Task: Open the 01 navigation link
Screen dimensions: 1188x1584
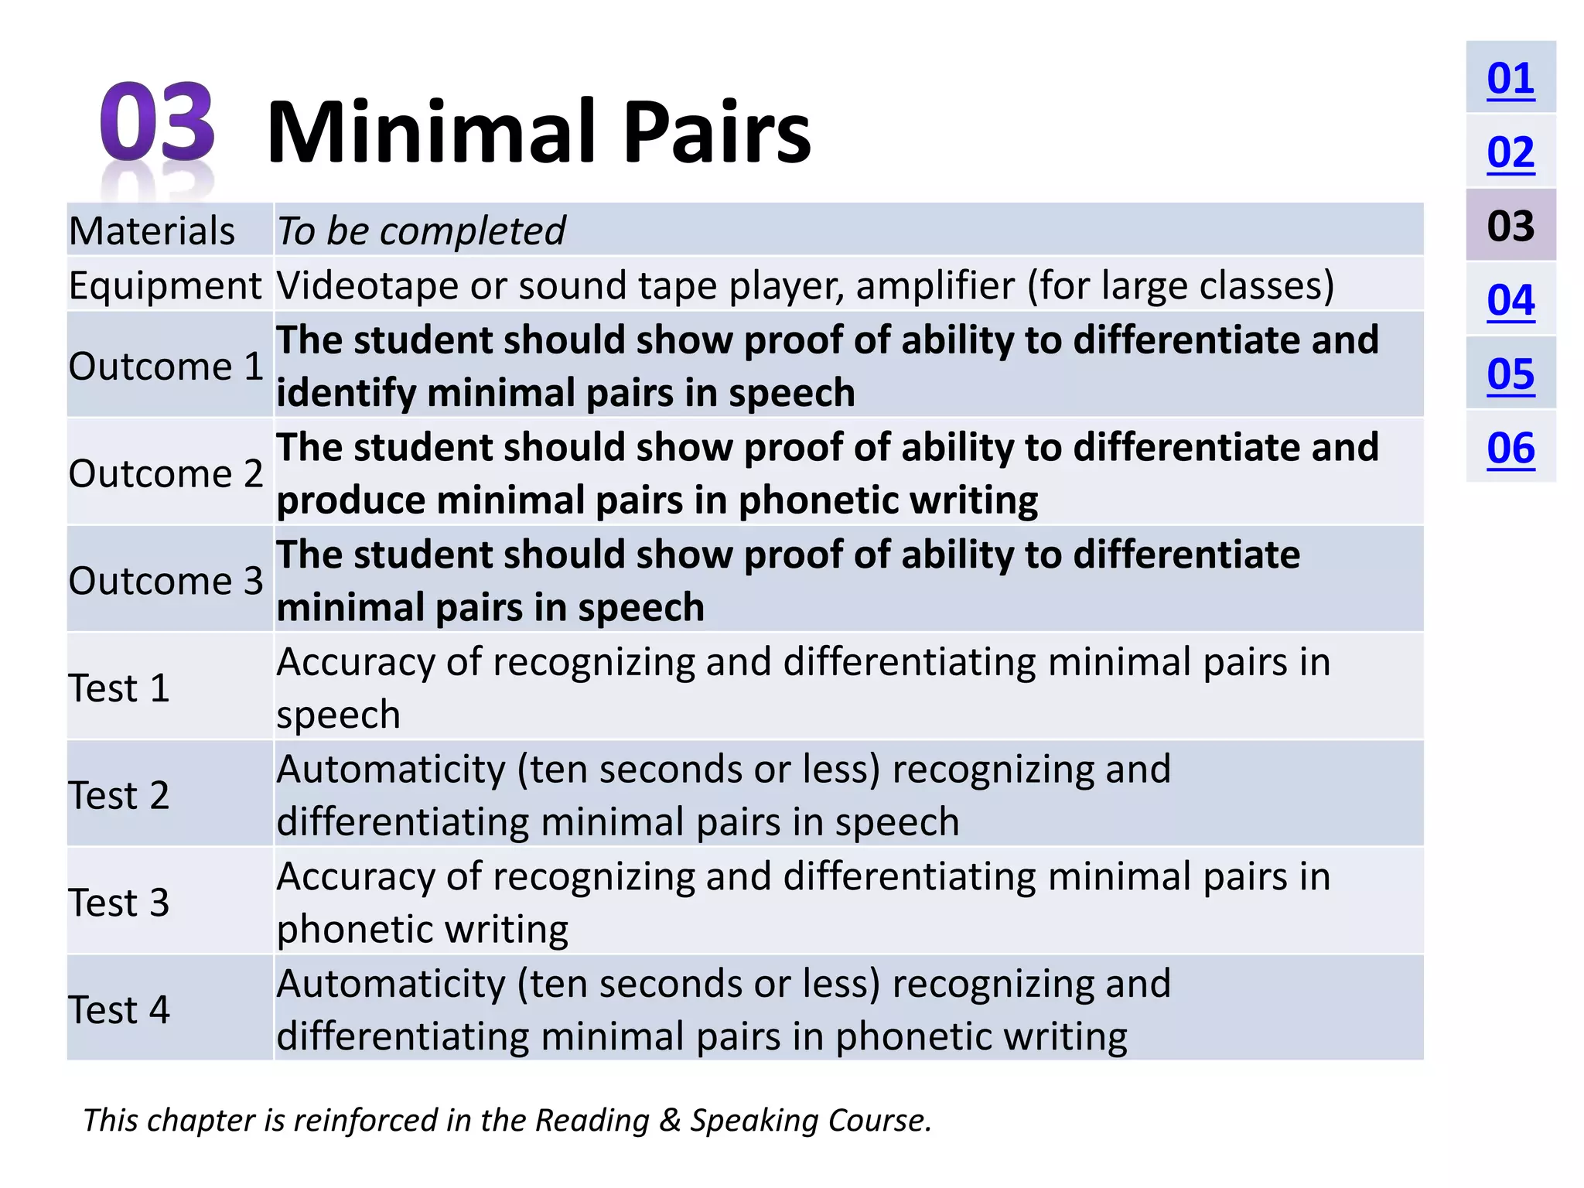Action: pos(1510,78)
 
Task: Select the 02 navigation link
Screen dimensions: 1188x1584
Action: pos(1510,152)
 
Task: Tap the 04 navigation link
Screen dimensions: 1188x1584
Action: pos(1510,300)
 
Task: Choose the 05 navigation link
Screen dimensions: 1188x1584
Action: pos(1510,374)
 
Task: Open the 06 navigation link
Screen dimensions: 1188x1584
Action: pos(1510,449)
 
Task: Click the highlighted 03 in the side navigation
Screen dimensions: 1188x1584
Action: pos(1510,226)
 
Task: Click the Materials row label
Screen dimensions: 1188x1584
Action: pos(152,230)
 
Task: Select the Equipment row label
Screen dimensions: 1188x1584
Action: pos(165,285)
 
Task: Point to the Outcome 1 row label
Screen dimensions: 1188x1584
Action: pos(166,366)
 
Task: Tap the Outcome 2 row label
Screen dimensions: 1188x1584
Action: pos(166,473)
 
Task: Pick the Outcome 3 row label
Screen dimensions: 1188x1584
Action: pos(166,581)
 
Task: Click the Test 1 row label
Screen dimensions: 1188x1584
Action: pos(118,688)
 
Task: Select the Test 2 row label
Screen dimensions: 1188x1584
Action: pos(118,795)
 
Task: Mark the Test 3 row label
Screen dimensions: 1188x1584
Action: pos(118,903)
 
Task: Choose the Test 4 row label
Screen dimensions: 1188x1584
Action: pos(118,1009)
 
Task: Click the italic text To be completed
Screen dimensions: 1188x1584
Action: pos(422,230)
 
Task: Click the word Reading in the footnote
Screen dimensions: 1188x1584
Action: pos(592,1120)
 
